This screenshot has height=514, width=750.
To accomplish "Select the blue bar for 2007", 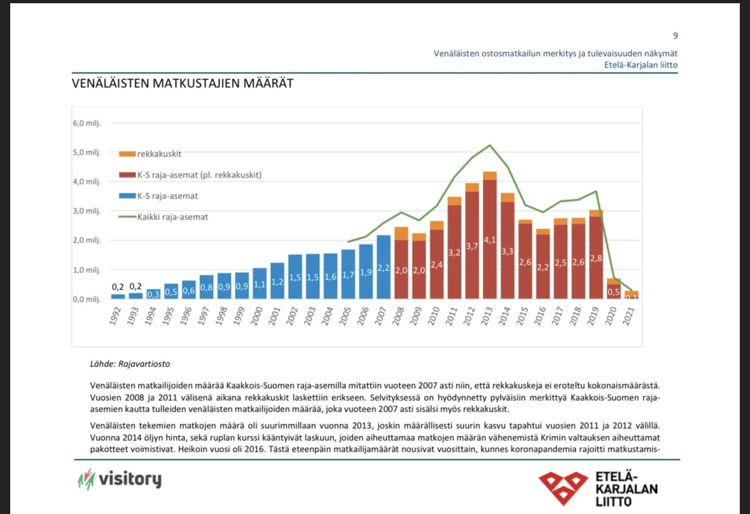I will coord(384,267).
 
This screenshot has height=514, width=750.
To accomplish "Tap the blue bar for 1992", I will coord(118,296).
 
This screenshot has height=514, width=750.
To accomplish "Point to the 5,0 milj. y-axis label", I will coord(87,152).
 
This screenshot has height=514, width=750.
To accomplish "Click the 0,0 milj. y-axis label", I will coord(87,298).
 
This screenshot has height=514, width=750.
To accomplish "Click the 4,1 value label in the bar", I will coord(489,240).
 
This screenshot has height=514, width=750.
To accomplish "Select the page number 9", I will coord(675,36).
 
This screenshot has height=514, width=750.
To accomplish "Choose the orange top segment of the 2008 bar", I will coord(401,233).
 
